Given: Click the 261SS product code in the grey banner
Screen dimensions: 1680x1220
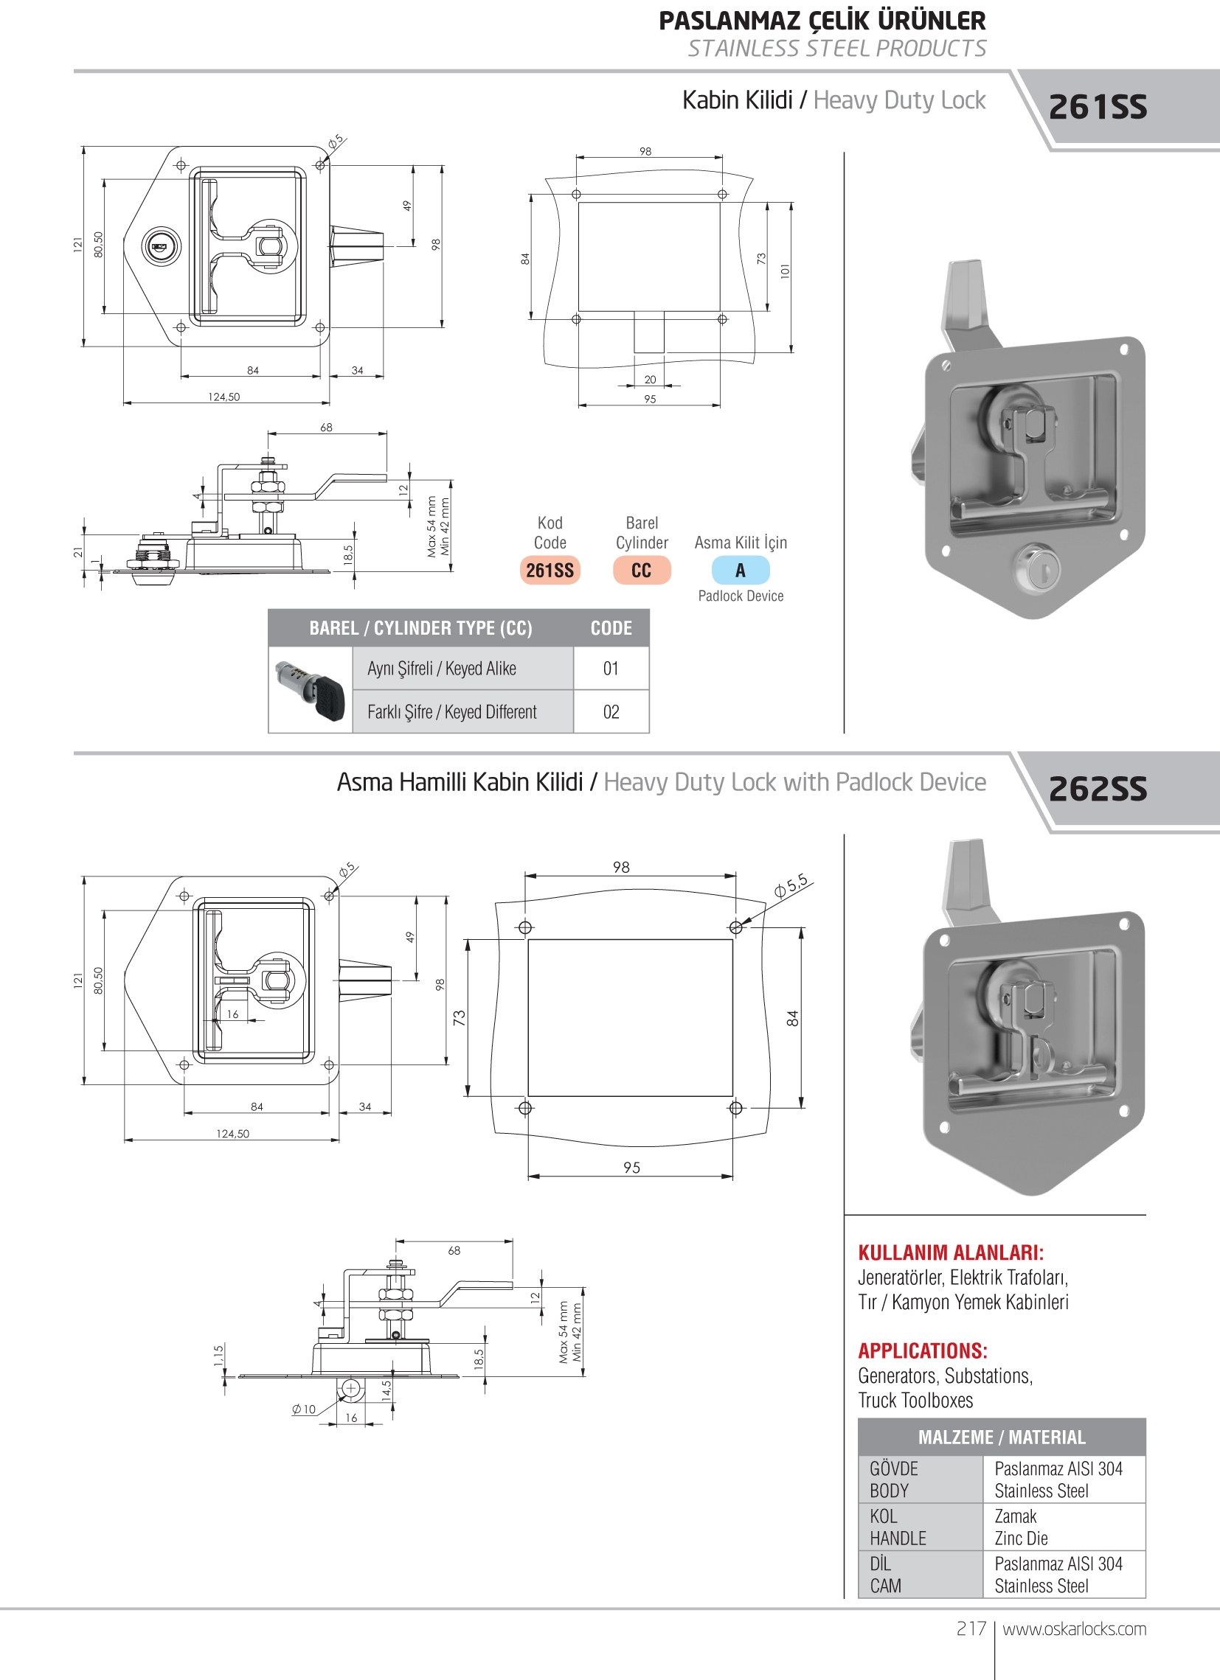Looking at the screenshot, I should coord(1097,107).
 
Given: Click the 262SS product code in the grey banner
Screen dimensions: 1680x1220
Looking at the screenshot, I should coord(1097,788).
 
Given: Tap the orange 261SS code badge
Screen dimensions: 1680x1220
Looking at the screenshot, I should coord(550,570).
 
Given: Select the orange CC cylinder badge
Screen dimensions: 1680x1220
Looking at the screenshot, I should coord(641,570).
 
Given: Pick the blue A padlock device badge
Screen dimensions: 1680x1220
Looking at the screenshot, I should coord(740,570).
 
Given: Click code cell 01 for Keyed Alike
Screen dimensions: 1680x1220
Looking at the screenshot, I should coord(611,668).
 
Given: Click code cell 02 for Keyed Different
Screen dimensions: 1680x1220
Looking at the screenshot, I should coord(611,712).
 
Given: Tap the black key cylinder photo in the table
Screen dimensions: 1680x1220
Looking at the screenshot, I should coord(311,689).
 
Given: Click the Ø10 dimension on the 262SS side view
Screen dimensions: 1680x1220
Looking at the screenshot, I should coord(304,1409).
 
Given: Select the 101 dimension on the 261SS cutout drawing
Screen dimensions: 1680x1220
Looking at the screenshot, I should coord(785,271).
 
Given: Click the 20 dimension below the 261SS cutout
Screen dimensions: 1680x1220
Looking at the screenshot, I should coord(650,379).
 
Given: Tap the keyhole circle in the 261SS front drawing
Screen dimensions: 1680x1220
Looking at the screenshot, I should coord(160,246).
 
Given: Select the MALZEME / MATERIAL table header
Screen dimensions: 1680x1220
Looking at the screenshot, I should coord(1002,1437).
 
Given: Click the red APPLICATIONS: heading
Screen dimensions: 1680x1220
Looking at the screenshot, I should coord(922,1350).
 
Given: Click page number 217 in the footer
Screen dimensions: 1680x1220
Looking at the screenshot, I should coord(970,1628).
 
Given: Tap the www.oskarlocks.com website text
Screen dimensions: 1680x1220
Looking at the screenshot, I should coord(1074,1628).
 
